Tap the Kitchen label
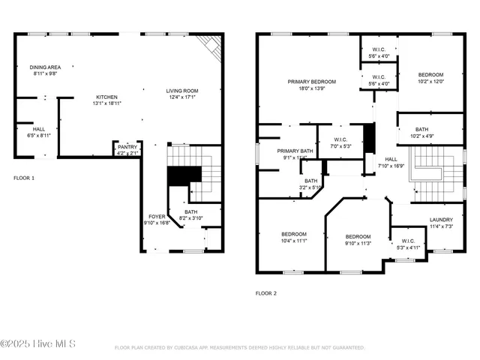pos(106,97)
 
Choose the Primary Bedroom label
pos(312,81)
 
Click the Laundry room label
pos(441,220)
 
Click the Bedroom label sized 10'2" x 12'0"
pos(430,75)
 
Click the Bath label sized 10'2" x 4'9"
pos(422,129)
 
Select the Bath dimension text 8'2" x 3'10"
pos(196,217)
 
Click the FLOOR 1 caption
pos(25,178)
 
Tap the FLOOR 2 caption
pos(265,293)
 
